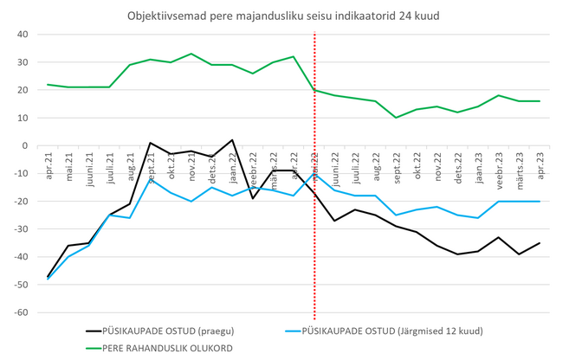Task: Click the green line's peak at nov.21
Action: [x=191, y=54]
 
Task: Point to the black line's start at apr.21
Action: [x=47, y=276]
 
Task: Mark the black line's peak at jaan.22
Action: [x=232, y=140]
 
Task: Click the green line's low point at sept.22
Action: [x=396, y=118]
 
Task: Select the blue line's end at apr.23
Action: [x=540, y=201]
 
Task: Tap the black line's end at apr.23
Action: [x=540, y=242]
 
